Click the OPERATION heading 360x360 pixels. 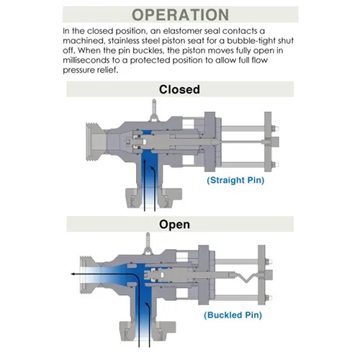[180, 15]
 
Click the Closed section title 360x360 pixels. [179, 89]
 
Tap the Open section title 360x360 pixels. [174, 225]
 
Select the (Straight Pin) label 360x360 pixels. [235, 180]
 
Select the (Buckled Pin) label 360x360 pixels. [233, 315]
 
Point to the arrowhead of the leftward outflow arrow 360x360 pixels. [73, 274]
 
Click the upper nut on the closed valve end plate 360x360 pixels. [274, 128]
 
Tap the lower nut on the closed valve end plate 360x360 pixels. [274, 165]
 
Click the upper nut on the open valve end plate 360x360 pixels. [267, 261]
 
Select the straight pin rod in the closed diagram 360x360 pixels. [240, 142]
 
